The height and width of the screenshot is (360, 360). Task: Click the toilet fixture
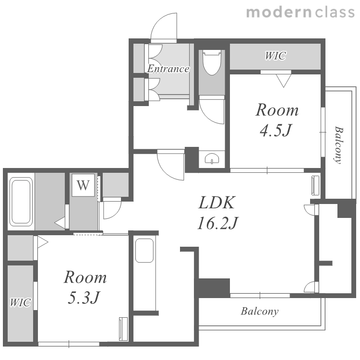212,62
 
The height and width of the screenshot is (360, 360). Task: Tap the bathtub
21,202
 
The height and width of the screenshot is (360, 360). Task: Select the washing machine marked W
83,185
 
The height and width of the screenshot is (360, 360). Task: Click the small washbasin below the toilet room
212,158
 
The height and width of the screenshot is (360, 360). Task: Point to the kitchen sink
144,251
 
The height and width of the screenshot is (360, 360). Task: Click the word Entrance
168,69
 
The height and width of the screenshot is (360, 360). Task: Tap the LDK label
217,203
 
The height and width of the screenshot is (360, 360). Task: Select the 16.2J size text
218,223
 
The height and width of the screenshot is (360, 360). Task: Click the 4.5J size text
276,130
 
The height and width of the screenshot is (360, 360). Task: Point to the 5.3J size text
84,297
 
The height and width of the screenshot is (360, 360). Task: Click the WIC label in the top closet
276,56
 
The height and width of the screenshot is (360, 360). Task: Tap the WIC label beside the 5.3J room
20,302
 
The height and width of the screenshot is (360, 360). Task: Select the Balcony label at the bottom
260,312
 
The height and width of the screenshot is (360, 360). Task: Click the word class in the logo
335,12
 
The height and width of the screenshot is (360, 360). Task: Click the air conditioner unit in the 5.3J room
123,329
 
